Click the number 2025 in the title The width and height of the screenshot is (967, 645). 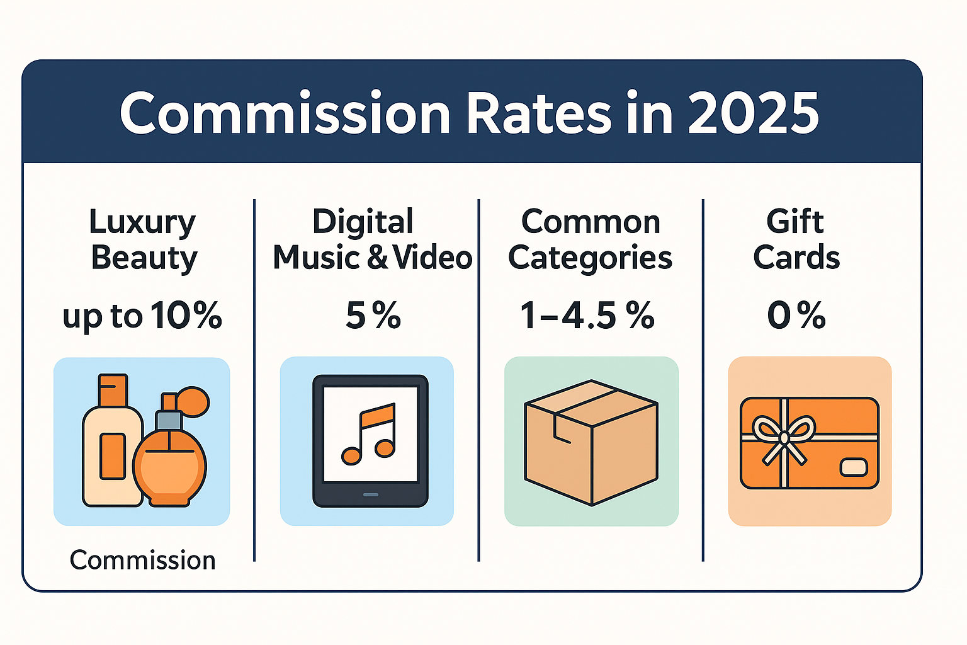[753, 114]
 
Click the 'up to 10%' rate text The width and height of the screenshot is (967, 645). [142, 316]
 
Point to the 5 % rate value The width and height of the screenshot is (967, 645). [373, 316]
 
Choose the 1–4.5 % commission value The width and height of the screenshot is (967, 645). [587, 316]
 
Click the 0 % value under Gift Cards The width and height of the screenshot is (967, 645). [796, 316]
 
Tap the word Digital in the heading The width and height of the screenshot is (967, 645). [363, 222]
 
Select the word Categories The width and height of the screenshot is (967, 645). [590, 258]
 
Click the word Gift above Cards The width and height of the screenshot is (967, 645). [795, 222]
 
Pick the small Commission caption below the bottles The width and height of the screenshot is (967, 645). [142, 560]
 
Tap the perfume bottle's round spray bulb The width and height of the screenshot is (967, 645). [194, 401]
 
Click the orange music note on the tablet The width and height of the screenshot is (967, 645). [370, 433]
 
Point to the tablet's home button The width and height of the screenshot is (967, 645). [370, 494]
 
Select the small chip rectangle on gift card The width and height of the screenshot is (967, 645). [854, 467]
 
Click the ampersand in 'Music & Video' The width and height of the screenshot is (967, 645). [378, 258]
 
